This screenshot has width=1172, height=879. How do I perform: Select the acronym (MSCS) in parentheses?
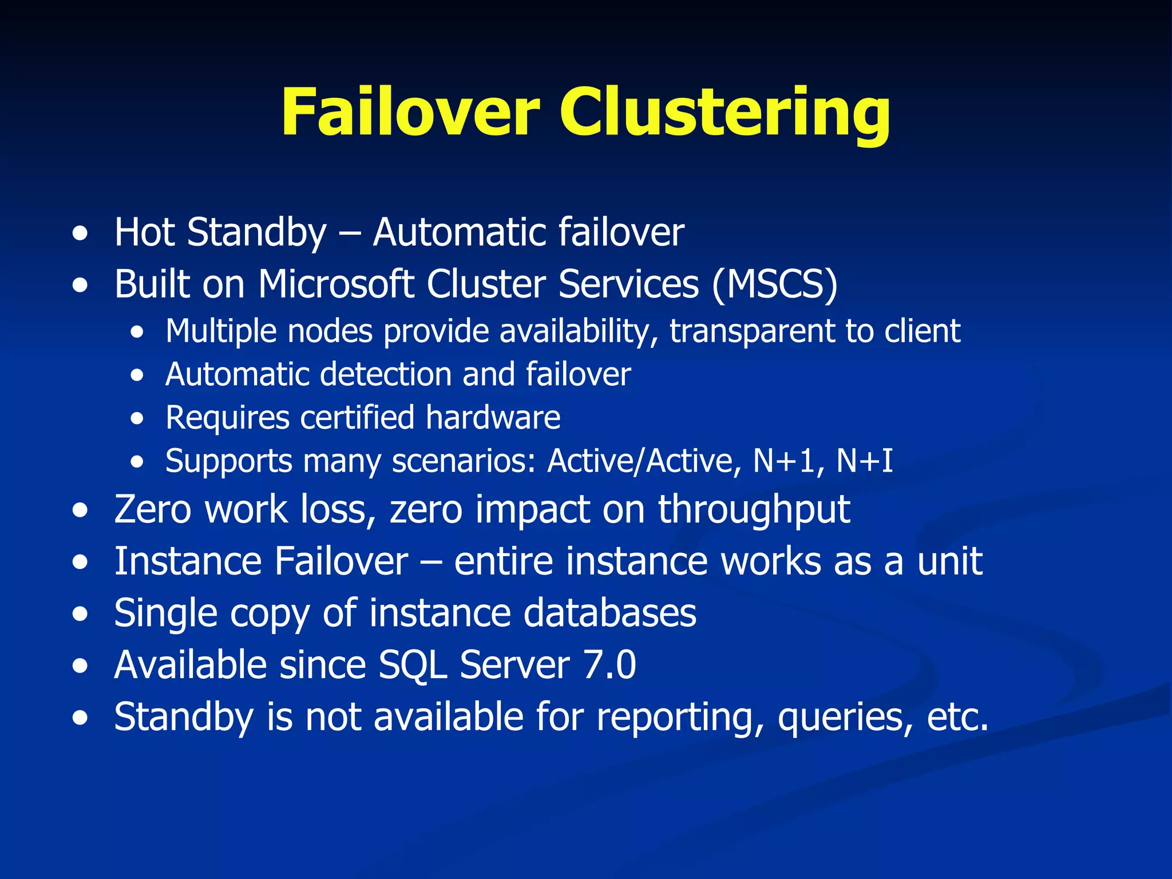point(775,284)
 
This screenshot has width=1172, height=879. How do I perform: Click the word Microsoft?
point(336,284)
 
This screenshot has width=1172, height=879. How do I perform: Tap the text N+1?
point(783,461)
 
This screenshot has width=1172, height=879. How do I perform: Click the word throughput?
point(754,509)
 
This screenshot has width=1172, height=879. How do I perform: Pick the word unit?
point(950,561)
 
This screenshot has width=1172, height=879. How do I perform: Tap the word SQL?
point(413,666)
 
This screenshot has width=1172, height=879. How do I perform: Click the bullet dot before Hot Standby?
point(81,233)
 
